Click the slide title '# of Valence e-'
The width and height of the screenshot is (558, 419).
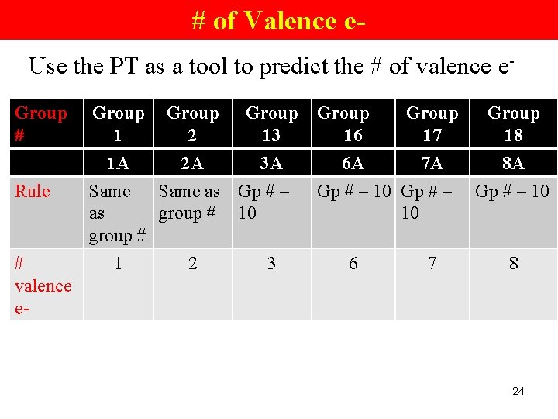(279, 20)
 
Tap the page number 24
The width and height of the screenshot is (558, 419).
(518, 391)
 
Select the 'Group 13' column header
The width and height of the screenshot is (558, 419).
(271, 124)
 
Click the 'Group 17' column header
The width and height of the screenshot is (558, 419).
(432, 124)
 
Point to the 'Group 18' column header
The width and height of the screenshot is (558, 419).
(513, 124)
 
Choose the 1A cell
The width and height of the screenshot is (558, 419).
(118, 163)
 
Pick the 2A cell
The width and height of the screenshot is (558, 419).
(192, 163)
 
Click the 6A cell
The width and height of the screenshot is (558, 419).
(353, 163)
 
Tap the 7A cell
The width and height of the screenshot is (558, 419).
(432, 163)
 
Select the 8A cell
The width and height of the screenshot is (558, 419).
(513, 163)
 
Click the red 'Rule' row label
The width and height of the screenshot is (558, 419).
(33, 191)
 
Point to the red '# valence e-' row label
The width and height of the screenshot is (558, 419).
(43, 286)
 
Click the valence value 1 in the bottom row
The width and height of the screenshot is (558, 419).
(118, 264)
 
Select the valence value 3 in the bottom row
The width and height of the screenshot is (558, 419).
(271, 264)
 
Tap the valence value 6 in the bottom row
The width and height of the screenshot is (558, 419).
(353, 264)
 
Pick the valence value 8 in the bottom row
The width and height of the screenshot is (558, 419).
(513, 264)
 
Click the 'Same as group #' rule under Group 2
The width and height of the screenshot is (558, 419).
(189, 202)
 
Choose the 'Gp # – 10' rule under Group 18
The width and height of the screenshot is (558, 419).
(512, 191)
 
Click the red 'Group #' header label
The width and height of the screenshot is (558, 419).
(40, 124)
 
